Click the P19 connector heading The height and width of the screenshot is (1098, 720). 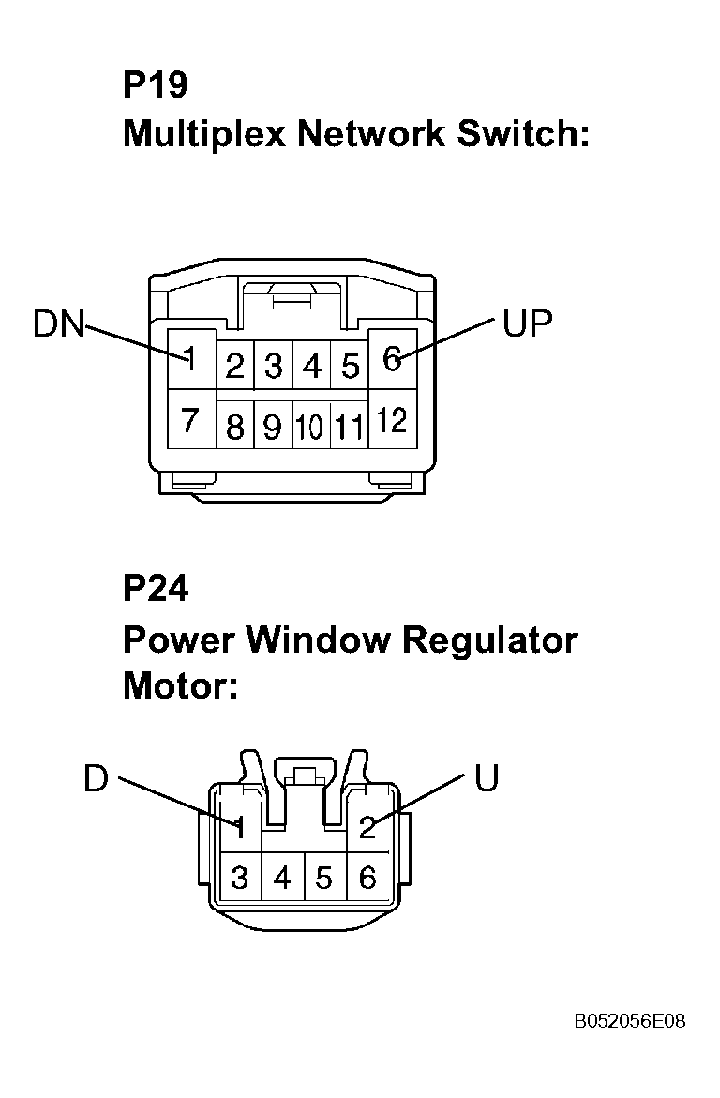point(156,84)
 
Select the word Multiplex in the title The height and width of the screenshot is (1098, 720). point(204,134)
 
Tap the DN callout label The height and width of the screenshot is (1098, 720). point(59,324)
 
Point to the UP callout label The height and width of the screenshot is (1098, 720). point(528,323)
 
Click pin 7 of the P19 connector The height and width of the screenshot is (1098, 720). point(189,420)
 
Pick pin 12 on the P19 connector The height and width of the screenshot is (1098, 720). point(392,420)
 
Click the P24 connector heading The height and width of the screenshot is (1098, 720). point(156,588)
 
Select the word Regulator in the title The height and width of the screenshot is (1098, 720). point(490,640)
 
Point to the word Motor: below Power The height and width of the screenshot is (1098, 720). point(181,685)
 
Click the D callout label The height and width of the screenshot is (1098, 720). point(96,778)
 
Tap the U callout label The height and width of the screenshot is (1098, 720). point(487,778)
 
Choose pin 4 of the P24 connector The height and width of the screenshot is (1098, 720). point(282,878)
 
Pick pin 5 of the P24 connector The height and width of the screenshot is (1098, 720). point(323,878)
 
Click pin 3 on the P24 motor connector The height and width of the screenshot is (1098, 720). point(240,878)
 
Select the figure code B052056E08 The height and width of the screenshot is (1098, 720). point(630,1021)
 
